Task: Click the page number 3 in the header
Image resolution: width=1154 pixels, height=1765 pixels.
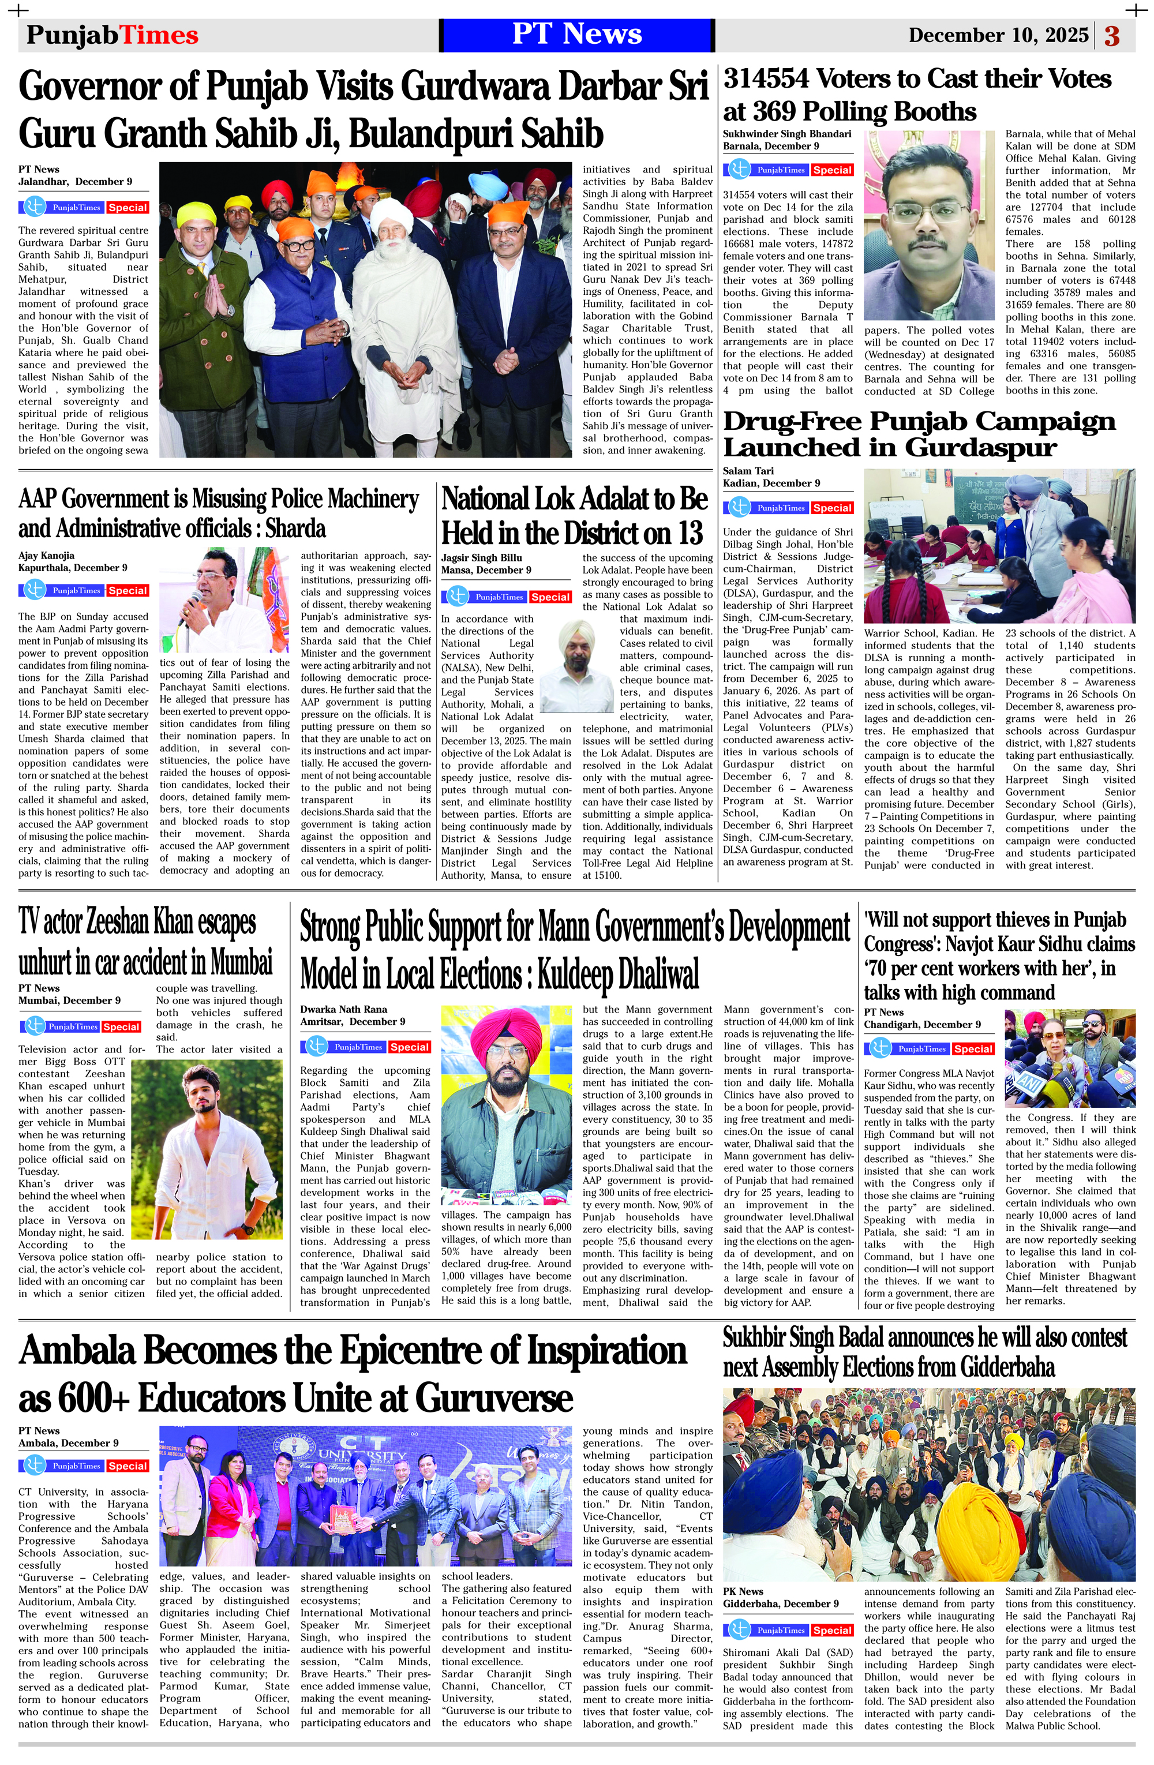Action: click(1112, 36)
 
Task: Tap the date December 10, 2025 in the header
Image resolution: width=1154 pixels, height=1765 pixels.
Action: click(998, 35)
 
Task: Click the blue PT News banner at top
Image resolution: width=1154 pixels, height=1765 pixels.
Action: click(576, 34)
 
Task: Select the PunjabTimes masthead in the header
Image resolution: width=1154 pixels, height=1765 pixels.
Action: click(112, 35)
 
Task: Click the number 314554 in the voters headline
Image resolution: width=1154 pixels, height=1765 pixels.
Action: click(767, 78)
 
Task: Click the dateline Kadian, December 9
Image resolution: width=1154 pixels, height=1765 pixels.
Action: click(771, 483)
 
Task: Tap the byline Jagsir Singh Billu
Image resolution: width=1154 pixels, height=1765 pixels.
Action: click(481, 558)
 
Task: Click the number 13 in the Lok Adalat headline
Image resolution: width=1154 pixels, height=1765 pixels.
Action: click(689, 533)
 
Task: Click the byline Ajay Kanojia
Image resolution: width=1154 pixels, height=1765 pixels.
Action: click(46, 556)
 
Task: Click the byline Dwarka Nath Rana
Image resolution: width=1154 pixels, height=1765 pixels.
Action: click(343, 1009)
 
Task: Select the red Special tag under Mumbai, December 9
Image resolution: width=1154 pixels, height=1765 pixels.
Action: click(122, 1026)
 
